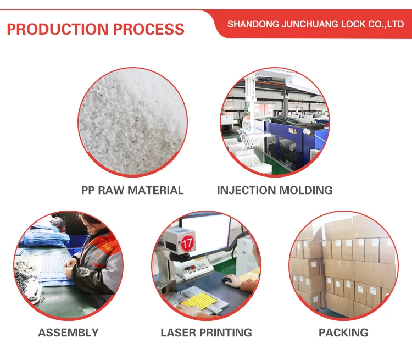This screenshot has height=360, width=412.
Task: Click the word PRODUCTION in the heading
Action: click(x=58, y=29)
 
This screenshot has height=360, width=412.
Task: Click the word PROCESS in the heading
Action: click(x=149, y=29)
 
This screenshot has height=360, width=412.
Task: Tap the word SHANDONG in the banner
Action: click(x=253, y=24)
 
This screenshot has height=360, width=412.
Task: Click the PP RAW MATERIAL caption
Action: click(x=132, y=190)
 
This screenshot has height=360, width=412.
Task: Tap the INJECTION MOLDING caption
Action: click(x=275, y=190)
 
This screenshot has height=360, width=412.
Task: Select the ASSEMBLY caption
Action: click(x=68, y=333)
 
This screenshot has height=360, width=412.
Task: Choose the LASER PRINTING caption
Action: click(x=206, y=333)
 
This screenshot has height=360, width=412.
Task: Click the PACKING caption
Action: click(x=343, y=333)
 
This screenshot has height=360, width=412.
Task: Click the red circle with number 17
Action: click(x=187, y=243)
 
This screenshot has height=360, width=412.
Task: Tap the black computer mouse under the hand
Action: click(x=227, y=280)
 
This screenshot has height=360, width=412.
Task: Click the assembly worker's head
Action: click(x=90, y=224)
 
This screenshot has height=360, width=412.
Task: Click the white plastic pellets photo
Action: click(x=132, y=122)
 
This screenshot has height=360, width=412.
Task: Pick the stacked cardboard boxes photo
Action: click(x=343, y=265)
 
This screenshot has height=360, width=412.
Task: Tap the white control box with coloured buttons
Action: click(x=194, y=269)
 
